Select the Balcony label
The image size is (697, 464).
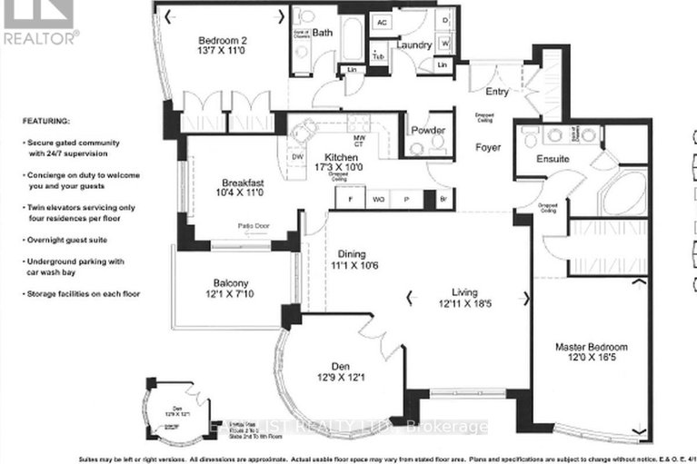pyautogui.click(x=225, y=283)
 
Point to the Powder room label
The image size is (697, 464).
pyautogui.click(x=427, y=131)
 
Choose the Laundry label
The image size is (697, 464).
pyautogui.click(x=413, y=46)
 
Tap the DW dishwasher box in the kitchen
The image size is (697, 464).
pyautogui.click(x=297, y=155)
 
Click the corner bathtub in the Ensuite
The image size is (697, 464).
pyautogui.click(x=622, y=193)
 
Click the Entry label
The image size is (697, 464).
pyautogui.click(x=473, y=92)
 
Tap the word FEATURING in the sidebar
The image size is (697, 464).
pyautogui.click(x=46, y=120)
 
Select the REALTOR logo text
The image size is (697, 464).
pyautogui.click(x=41, y=37)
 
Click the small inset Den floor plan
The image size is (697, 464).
pyautogui.click(x=166, y=416)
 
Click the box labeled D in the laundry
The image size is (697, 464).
pyautogui.click(x=444, y=19)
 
